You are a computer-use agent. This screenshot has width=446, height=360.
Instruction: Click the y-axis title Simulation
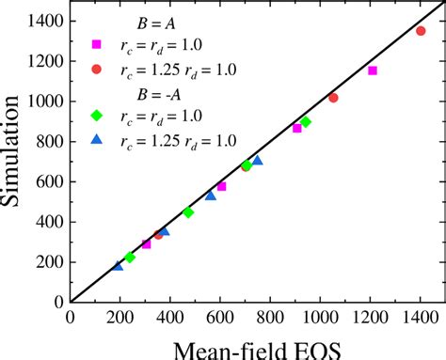(x=20, y=160)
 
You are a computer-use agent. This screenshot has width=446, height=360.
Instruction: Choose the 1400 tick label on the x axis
(x=420, y=317)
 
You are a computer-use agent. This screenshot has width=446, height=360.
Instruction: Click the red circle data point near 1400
(x=421, y=30)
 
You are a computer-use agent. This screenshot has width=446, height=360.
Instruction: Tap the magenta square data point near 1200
(x=373, y=70)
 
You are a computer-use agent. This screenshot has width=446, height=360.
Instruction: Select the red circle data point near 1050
(x=333, y=98)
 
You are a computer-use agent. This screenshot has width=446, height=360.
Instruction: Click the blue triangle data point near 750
(x=258, y=161)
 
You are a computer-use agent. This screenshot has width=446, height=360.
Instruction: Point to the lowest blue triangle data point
(x=118, y=266)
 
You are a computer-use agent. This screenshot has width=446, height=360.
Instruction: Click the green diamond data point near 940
(x=305, y=122)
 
